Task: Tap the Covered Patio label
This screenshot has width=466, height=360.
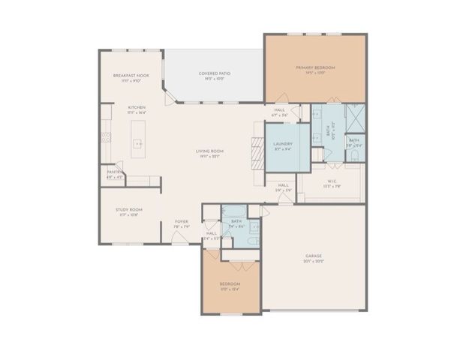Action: pos(214,74)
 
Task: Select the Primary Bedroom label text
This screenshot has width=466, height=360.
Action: pos(314,68)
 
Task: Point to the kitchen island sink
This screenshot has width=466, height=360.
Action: pos(138,142)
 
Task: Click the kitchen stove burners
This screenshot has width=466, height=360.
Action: pos(106,137)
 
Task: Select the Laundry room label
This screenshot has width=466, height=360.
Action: pos(283,145)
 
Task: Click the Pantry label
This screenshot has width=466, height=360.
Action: pos(114,172)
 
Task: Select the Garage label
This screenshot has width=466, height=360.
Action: pos(313,257)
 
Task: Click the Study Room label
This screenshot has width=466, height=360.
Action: pos(129,211)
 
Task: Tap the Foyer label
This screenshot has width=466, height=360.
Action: pos(182,223)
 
